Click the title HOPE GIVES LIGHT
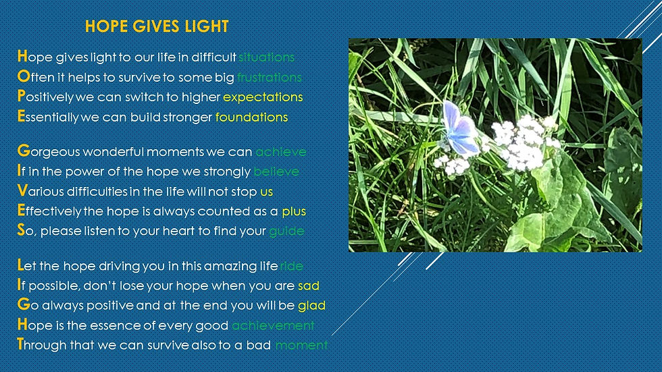(157, 26)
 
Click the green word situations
(266, 57)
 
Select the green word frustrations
(270, 77)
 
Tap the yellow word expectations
(263, 97)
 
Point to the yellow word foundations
(251, 117)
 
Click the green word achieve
(281, 152)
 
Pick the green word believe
(276, 171)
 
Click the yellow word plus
(294, 211)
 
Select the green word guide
(286, 231)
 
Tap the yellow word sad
(309, 286)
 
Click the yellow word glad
(311, 305)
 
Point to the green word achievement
(273, 325)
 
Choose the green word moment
(301, 346)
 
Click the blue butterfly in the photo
(460, 128)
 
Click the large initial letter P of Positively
(21, 96)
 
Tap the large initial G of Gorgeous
(24, 151)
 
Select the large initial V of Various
(22, 190)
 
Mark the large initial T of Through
(20, 344)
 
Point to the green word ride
(291, 266)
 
